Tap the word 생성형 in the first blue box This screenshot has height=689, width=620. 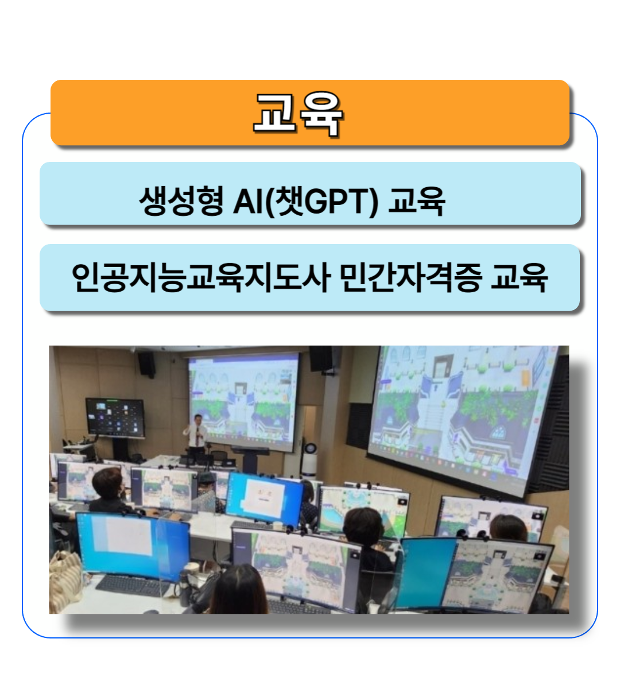click(x=181, y=201)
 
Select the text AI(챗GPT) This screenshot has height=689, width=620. click(x=305, y=202)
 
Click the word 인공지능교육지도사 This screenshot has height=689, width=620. click(x=201, y=277)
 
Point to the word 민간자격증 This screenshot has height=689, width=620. click(x=411, y=277)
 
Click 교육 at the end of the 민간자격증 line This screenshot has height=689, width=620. click(x=519, y=277)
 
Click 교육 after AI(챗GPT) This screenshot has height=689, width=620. click(x=417, y=202)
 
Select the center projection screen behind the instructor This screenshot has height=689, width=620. click(x=243, y=402)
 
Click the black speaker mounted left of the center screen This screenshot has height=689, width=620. click(x=146, y=365)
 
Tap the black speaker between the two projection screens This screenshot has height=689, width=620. click(x=320, y=359)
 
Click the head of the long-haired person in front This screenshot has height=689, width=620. click(x=239, y=589)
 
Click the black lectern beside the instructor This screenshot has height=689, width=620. click(x=251, y=459)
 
